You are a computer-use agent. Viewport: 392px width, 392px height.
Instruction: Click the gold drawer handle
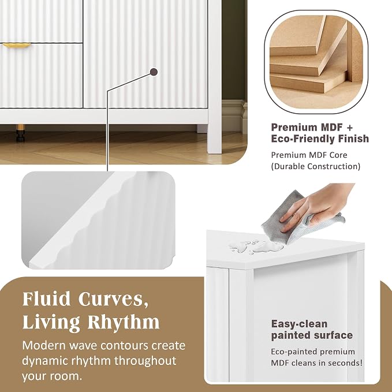16,46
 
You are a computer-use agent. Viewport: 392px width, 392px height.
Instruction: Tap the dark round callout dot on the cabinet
154,72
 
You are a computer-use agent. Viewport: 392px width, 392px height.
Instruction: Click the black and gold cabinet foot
21,133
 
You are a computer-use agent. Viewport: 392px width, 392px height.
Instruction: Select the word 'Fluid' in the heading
47,299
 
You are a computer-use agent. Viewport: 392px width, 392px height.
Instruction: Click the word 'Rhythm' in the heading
123,322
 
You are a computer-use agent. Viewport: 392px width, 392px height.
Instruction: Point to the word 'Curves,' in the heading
113,300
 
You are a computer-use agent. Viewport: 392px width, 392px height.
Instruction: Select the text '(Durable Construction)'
316,166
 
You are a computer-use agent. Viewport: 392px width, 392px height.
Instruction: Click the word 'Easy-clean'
299,324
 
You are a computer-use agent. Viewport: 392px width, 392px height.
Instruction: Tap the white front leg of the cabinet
215,77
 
